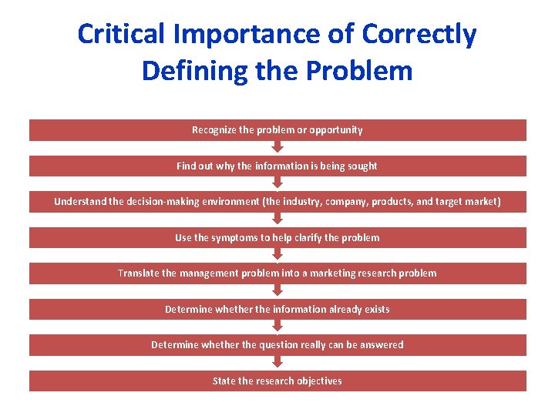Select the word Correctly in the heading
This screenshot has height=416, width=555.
pyautogui.click(x=419, y=34)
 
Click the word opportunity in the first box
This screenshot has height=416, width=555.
pyautogui.click(x=335, y=130)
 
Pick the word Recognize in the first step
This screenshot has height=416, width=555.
pyautogui.click(x=214, y=130)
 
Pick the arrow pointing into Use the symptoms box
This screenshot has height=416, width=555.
pyautogui.click(x=277, y=220)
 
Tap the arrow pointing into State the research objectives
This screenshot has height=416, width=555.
pyautogui.click(x=277, y=363)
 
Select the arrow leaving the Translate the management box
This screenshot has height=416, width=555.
pyautogui.click(x=277, y=291)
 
